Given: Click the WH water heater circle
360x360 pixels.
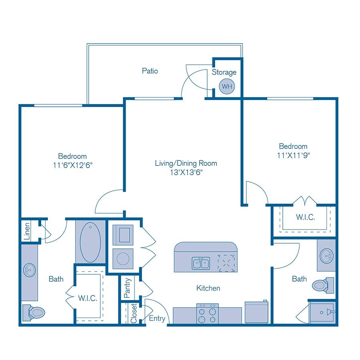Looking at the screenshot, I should click(227, 86).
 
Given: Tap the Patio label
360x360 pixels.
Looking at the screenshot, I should click(150, 71).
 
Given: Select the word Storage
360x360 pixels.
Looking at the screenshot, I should click(224, 72).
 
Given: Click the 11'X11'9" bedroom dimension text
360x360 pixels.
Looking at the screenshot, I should click(293, 155).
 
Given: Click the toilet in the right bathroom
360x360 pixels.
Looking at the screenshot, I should click(322, 285).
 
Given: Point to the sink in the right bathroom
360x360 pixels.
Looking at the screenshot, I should click(327, 255).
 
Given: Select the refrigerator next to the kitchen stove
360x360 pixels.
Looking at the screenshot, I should click(256, 312).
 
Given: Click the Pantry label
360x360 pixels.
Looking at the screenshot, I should click(128, 288).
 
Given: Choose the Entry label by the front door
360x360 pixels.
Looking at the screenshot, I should click(157, 318).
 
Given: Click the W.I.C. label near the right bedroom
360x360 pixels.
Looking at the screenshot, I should click(305, 218).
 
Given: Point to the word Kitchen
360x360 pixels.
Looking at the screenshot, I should click(208, 288).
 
